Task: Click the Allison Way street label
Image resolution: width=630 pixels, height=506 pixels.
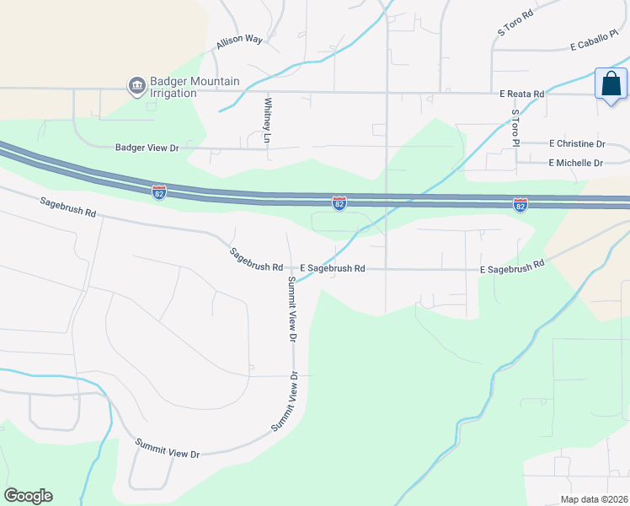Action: pyautogui.click(x=240, y=40)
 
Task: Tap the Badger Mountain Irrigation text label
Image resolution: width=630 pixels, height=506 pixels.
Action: pyautogui.click(x=195, y=87)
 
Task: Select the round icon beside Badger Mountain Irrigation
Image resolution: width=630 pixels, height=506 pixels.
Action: pyautogui.click(x=136, y=86)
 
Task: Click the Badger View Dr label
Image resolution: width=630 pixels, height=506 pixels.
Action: pyautogui.click(x=147, y=148)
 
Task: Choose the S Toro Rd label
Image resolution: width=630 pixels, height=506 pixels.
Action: pyautogui.click(x=516, y=23)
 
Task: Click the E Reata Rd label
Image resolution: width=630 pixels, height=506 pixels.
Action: pyautogui.click(x=522, y=94)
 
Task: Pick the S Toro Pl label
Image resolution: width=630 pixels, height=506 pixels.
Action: pyautogui.click(x=516, y=127)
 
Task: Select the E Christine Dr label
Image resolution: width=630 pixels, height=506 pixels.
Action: pyautogui.click(x=577, y=144)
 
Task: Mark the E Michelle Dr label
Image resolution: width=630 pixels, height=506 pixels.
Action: pyautogui.click(x=576, y=163)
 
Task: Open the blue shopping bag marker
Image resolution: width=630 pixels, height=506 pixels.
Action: pyautogui.click(x=611, y=84)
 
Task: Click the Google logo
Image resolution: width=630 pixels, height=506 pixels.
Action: pyautogui.click(x=28, y=496)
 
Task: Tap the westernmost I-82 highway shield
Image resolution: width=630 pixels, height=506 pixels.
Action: pyautogui.click(x=159, y=192)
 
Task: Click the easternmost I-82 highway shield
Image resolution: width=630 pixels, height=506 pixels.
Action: pyautogui.click(x=521, y=205)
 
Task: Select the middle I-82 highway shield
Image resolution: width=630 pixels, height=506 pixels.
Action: pyautogui.click(x=339, y=203)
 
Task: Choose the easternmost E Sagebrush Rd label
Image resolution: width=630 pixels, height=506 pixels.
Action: pyautogui.click(x=512, y=267)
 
